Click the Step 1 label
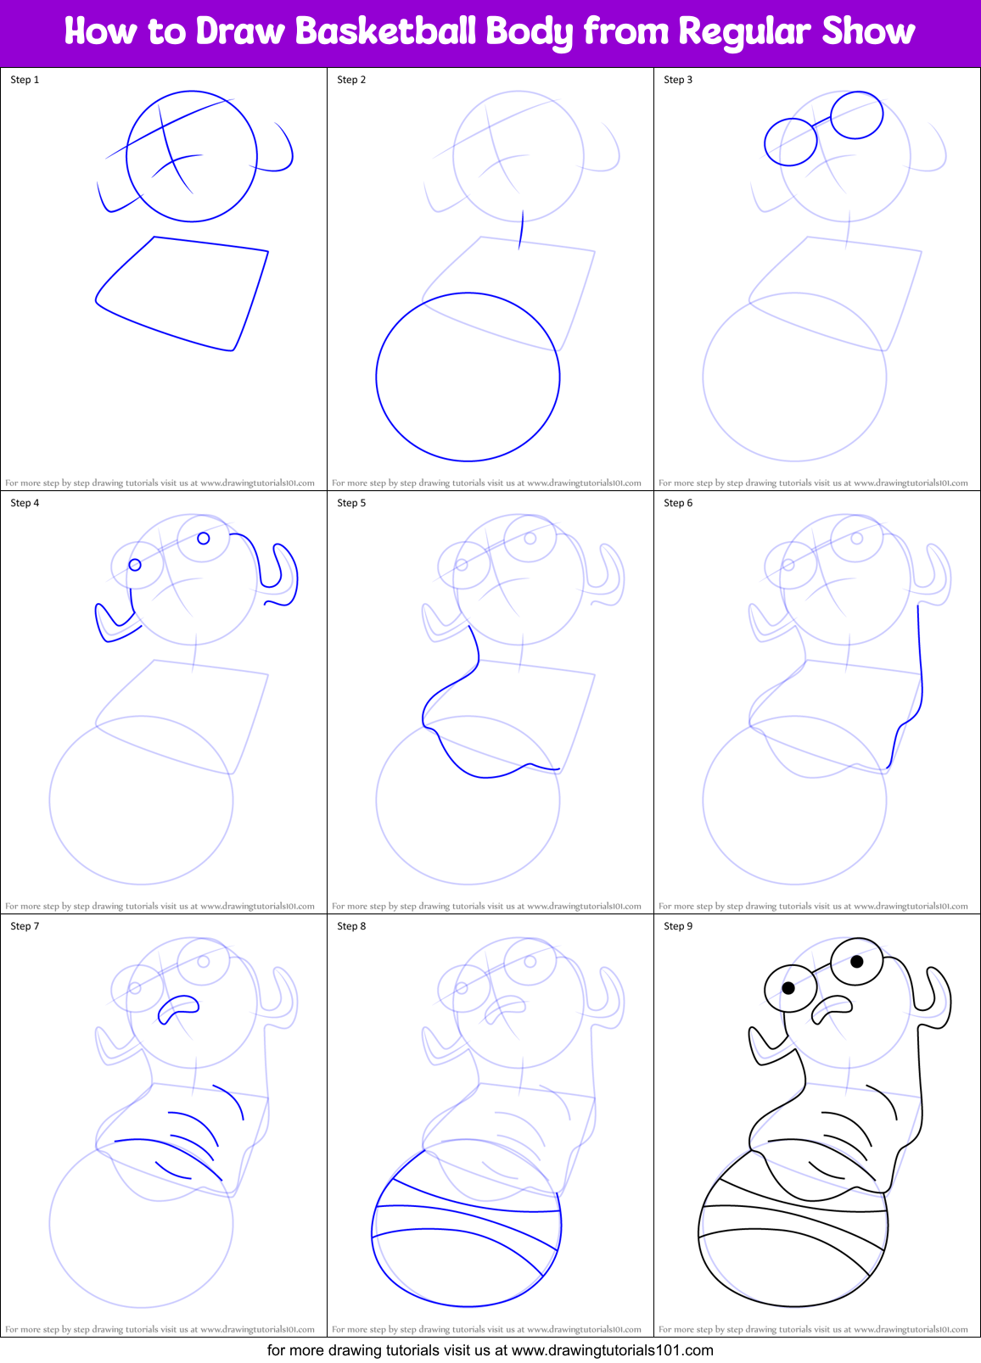click(25, 80)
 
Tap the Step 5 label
click(351, 503)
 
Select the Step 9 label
click(678, 926)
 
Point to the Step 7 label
click(25, 926)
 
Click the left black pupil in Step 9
click(788, 988)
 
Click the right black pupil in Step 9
click(856, 961)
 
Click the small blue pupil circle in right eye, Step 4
click(204, 538)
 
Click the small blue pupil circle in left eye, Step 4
click(135, 565)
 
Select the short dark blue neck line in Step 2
click(521, 230)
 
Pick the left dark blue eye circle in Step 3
click(790, 142)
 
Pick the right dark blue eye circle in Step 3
click(856, 115)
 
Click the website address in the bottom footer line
click(612, 1349)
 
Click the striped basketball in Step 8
click(467, 1238)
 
